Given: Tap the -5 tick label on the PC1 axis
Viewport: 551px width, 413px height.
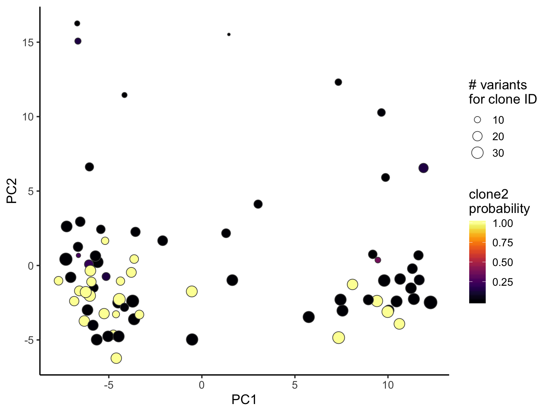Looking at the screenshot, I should [108, 385].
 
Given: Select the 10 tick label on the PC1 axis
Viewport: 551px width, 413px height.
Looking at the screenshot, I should [388, 385].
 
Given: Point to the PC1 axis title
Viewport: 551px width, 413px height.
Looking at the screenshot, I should [244, 399].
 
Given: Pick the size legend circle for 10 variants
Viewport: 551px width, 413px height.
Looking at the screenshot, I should [477, 120].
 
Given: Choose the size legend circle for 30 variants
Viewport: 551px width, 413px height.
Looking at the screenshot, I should [477, 153].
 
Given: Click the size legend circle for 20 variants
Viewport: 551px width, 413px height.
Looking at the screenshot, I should [477, 137].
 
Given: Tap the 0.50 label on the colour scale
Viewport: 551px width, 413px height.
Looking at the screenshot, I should [503, 262].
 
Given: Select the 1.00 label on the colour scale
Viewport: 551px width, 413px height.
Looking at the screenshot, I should [503, 223].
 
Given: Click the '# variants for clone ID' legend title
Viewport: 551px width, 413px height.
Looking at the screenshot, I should [503, 92].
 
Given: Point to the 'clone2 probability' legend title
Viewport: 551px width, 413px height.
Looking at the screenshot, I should [499, 201].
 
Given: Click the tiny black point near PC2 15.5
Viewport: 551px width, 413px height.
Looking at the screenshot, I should [229, 34].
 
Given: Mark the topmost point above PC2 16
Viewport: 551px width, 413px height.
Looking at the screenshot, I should [77, 24].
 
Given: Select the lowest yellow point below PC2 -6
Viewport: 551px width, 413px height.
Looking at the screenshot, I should [116, 358].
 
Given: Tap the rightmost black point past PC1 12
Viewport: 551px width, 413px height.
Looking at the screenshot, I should [430, 303].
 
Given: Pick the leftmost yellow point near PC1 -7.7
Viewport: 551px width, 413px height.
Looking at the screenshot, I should [58, 281].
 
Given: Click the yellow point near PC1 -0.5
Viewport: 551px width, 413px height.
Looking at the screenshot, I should [192, 291].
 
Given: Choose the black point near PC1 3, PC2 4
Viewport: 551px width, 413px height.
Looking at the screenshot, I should [258, 204].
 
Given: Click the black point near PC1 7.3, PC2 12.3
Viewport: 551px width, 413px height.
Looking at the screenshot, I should [338, 82].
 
